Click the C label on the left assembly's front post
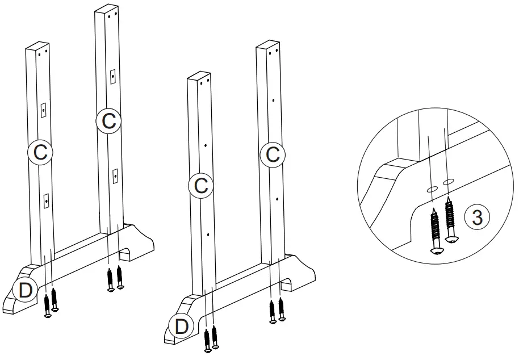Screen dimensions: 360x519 (x=40, y=152)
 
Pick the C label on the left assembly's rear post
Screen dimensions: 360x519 (x=108, y=120)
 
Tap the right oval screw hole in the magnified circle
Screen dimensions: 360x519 (x=448, y=181)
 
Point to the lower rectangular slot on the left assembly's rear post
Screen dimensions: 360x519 (x=115, y=177)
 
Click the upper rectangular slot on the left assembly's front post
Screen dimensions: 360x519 (x=43, y=110)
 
